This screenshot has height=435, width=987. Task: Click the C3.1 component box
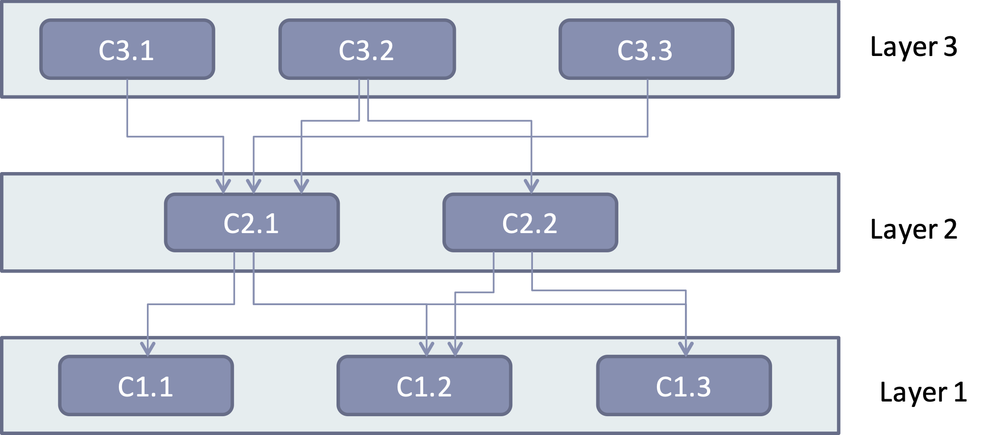click(x=127, y=50)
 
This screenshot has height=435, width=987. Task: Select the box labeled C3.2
click(x=367, y=50)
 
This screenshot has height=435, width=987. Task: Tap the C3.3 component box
click(x=646, y=50)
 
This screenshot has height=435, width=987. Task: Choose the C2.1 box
click(x=252, y=223)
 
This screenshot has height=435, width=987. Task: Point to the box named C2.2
click(x=530, y=223)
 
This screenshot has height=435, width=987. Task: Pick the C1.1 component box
click(x=146, y=386)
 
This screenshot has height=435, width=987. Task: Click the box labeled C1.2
click(x=424, y=386)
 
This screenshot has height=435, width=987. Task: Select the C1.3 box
click(x=684, y=386)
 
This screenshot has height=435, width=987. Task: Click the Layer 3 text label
click(x=913, y=47)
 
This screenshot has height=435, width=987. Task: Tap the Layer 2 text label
click(x=913, y=229)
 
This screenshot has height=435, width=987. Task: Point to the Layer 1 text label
click(x=923, y=392)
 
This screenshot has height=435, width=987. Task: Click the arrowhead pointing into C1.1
click(x=147, y=350)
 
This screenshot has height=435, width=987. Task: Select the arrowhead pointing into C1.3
click(x=686, y=350)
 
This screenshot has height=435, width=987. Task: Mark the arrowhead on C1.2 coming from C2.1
click(x=426, y=350)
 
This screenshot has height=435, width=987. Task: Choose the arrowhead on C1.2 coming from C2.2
click(x=455, y=350)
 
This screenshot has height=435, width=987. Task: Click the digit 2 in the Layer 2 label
click(x=950, y=229)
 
